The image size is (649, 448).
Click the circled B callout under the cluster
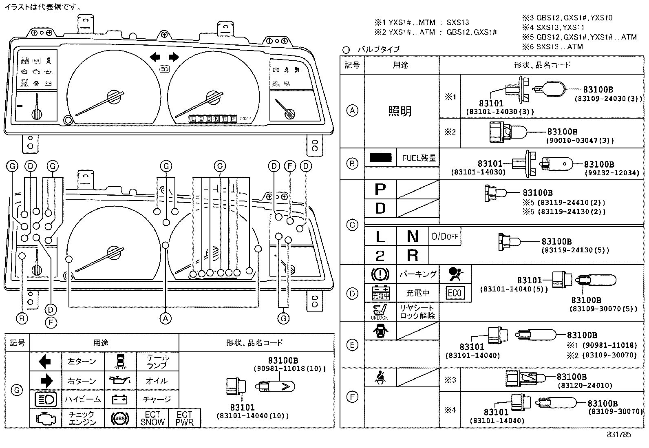pyautogui.click(x=22, y=318)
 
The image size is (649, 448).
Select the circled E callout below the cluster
pyautogui.click(x=51, y=322)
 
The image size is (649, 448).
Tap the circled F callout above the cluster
pyautogui.click(x=290, y=166)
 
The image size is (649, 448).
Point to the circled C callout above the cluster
pyautogui.click(x=220, y=166)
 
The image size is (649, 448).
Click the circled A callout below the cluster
pyautogui.click(x=165, y=318)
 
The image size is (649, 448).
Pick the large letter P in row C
pyautogui.click(x=380, y=190)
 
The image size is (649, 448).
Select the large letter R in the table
pyautogui.click(x=413, y=255)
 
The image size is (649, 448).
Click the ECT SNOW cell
pyautogui.click(x=152, y=418)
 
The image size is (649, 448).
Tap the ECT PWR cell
pyautogui.click(x=184, y=418)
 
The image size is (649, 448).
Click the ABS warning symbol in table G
pyautogui.click(x=120, y=418)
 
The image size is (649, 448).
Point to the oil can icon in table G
pyautogui.click(x=120, y=381)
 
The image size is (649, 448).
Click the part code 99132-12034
pyautogui.click(x=612, y=173)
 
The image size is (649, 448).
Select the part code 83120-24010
pyautogui.click(x=585, y=385)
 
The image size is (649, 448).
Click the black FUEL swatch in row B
pyautogui.click(x=380, y=157)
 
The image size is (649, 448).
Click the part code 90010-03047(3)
pyautogui.click(x=580, y=141)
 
